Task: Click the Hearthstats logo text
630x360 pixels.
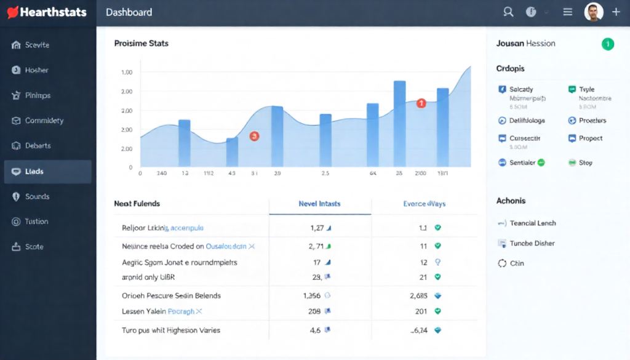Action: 53,12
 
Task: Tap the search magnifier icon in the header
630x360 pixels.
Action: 508,12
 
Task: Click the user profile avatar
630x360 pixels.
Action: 593,12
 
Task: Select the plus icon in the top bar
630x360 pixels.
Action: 616,12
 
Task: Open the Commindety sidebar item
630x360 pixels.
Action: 44,121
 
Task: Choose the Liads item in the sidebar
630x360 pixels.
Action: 34,171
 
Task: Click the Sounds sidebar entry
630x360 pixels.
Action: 37,196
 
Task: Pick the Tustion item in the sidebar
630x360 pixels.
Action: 36,222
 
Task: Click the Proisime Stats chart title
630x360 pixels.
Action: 142,44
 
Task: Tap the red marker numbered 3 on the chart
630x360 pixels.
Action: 254,136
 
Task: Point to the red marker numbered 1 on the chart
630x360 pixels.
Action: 421,103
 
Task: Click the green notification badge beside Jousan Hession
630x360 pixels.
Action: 607,44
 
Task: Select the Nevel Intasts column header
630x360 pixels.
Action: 319,204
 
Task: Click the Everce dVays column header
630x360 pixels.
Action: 425,204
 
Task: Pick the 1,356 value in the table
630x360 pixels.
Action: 313,295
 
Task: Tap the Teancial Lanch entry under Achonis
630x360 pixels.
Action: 533,223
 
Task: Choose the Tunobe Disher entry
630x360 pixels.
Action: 532,243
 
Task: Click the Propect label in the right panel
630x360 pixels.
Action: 591,138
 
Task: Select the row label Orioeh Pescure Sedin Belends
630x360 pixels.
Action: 171,295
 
